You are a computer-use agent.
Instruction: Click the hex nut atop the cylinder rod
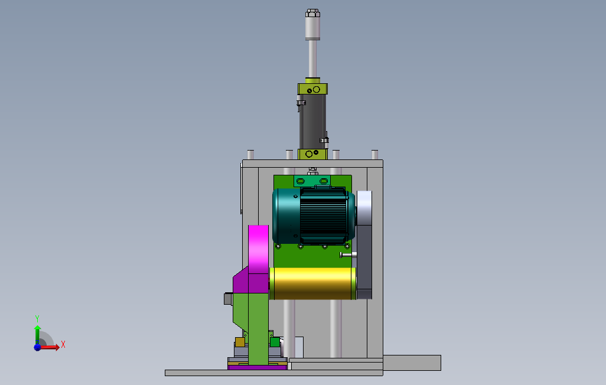(x=312, y=13)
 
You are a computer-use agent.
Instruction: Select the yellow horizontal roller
(x=312, y=283)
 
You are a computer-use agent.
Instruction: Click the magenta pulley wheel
(x=259, y=250)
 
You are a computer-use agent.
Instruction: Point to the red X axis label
(x=63, y=344)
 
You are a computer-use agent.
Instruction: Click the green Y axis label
(x=37, y=318)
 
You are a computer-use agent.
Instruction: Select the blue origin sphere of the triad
(x=37, y=347)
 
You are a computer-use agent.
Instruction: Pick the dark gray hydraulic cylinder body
(x=312, y=122)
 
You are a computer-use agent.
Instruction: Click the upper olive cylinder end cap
(x=312, y=89)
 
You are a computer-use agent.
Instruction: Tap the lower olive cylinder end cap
(x=312, y=154)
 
